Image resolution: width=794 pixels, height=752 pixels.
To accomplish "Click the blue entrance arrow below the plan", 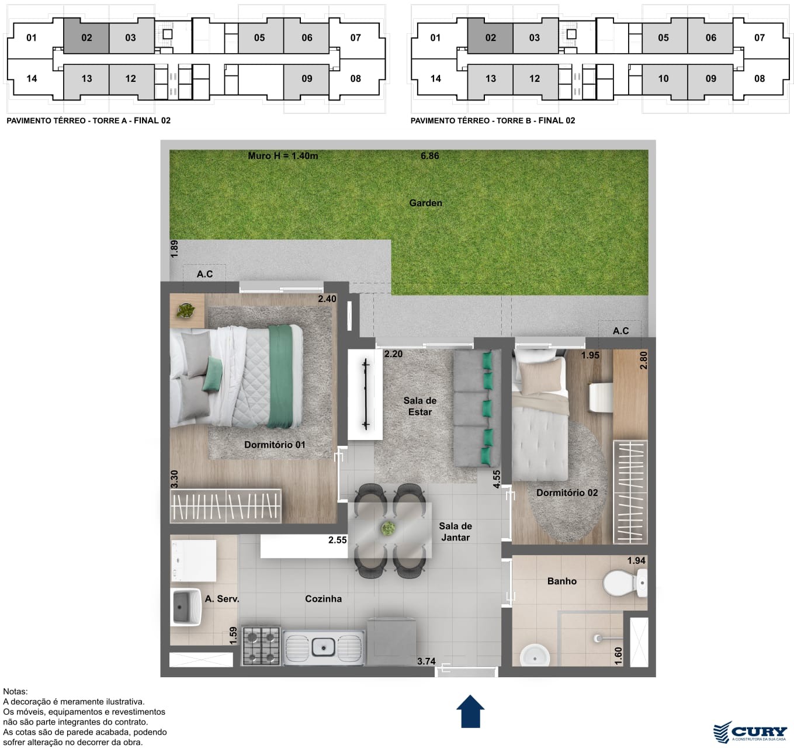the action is coord(470,711).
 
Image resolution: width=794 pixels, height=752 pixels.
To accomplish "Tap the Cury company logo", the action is coord(750,732).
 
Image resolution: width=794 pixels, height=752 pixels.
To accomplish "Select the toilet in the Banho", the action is coord(625,583).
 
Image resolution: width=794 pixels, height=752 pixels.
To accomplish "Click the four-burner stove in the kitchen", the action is coord(261,646).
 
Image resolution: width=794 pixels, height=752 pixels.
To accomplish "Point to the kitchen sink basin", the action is coord(323,647).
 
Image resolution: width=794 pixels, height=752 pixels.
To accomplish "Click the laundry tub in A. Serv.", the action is coord(186,607).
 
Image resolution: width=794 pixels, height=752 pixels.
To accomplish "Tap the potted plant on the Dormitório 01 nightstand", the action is coord(186,311).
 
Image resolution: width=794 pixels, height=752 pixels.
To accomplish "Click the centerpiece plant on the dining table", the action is coord(388,528).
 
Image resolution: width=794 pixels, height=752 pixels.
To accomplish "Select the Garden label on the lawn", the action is coord(425,203).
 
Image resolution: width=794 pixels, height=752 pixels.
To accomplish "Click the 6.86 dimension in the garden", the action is coord(429,156).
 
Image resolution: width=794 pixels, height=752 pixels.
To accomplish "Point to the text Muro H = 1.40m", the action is coord(283,156).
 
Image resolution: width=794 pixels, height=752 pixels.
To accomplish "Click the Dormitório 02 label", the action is coord(567,493).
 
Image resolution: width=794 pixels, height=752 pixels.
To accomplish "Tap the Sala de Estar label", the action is coord(419,406).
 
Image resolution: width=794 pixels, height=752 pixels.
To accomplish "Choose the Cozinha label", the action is coord(323,598).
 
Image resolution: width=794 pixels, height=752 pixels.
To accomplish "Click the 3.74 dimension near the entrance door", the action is coord(426,661).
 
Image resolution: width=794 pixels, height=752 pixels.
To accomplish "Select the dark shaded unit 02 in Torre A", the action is coord(86,38).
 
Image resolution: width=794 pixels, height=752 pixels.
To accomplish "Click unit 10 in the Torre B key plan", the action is coord(663,79).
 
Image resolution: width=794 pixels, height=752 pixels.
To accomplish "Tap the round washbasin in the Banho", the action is coord(535,659).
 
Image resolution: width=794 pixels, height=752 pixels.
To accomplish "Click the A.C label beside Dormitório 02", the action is coord(620,331).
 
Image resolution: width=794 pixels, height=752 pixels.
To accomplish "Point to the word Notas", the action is coord(15,691).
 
